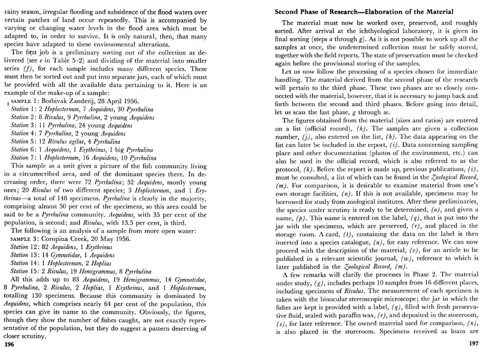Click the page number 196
pyautogui.click(x=10, y=344)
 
